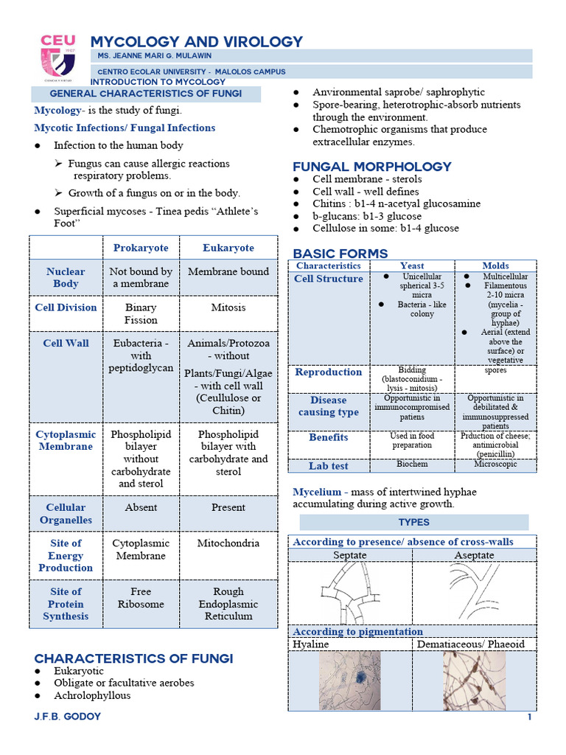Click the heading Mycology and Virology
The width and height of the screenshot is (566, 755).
point(196,42)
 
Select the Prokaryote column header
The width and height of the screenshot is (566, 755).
point(141,248)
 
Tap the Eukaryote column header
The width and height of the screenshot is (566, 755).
point(228,248)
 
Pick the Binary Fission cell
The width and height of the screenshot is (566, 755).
point(141,314)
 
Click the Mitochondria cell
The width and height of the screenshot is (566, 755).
point(228,543)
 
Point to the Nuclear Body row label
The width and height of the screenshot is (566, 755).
point(66,277)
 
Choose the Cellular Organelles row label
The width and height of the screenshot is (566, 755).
point(66,513)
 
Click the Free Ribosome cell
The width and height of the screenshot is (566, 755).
point(141,597)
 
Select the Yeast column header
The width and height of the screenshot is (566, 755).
point(412,265)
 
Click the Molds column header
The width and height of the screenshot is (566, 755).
point(495,265)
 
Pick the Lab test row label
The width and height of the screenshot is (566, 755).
point(329,466)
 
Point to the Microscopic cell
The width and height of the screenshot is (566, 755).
point(495,465)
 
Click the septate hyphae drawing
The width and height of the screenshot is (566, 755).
point(349,593)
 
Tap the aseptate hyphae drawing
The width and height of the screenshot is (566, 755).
point(473,588)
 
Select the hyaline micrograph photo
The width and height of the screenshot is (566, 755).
point(350,680)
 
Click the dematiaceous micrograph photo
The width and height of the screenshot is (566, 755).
point(474,680)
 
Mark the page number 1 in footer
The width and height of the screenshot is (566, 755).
point(529,717)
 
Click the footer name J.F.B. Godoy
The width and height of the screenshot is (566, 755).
point(67,717)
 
